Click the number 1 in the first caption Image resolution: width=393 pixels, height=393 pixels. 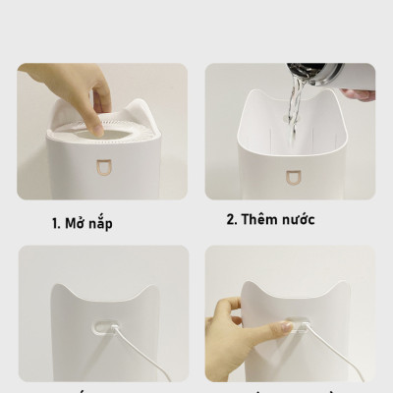(x=55, y=223)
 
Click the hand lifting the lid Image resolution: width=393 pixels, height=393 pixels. (x=100, y=93)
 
